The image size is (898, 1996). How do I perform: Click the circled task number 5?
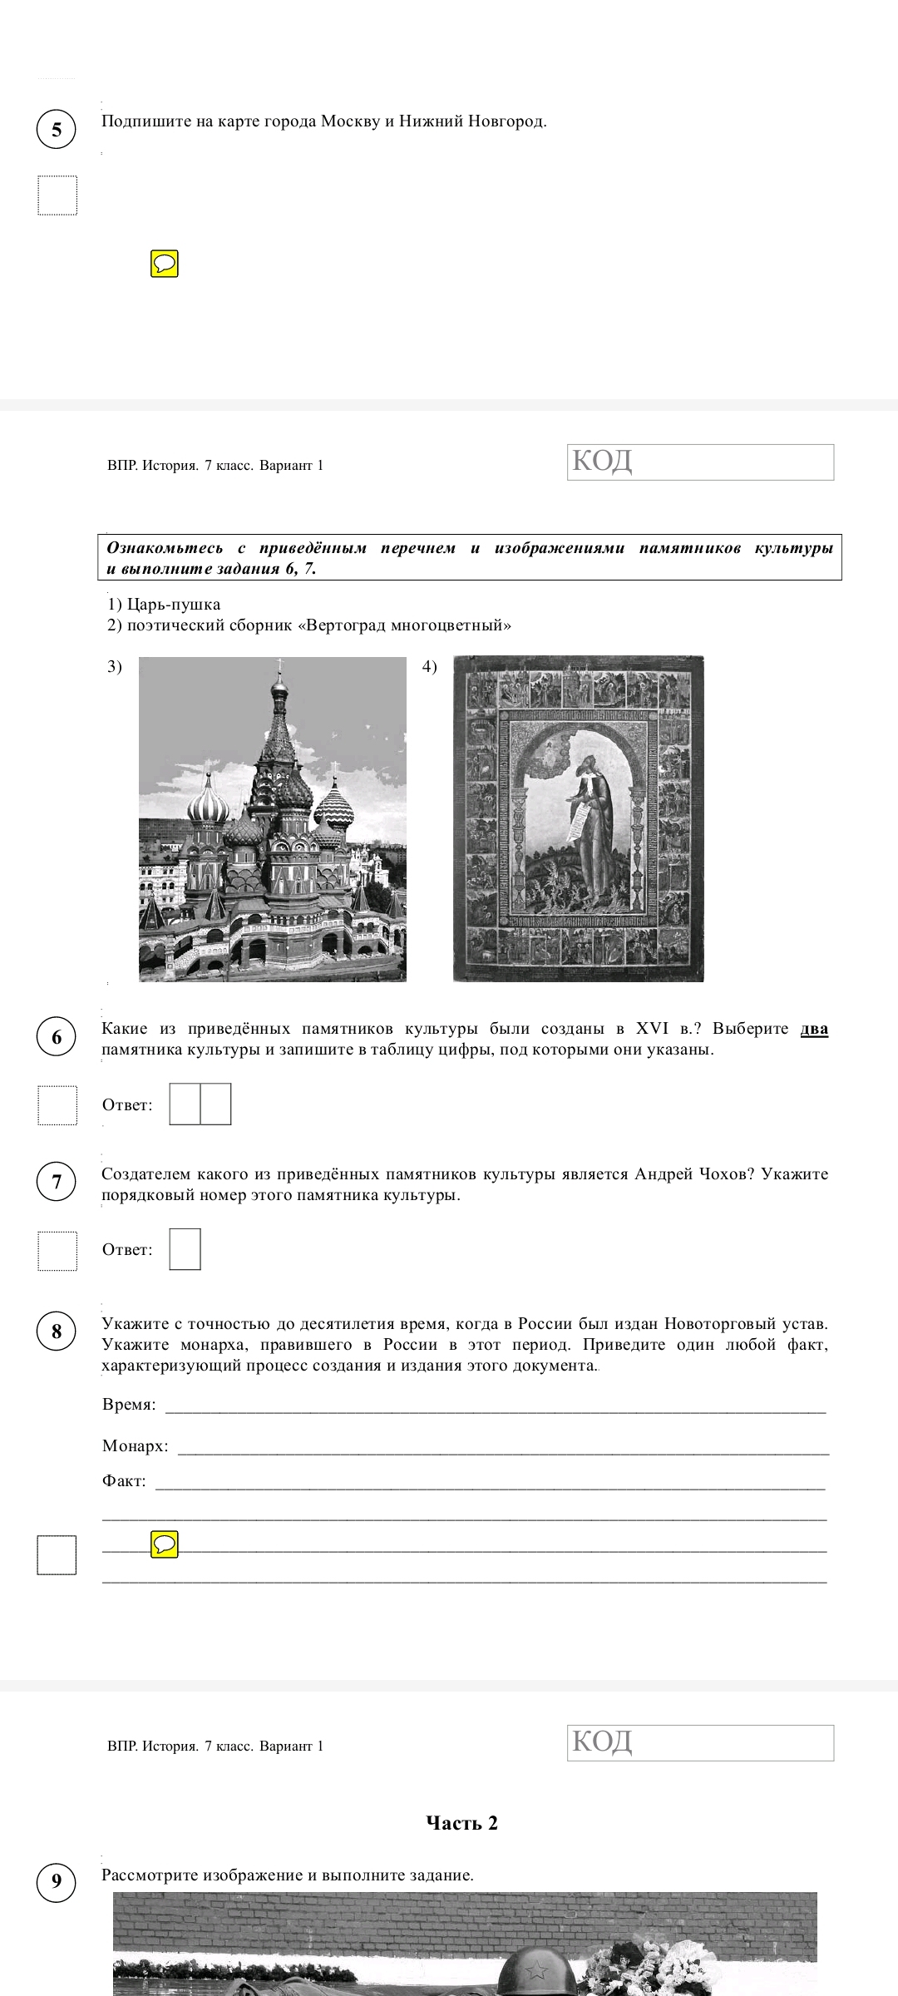pyautogui.click(x=57, y=129)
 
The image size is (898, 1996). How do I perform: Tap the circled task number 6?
pyautogui.click(x=57, y=1036)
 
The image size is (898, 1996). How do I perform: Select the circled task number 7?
pyautogui.click(x=57, y=1182)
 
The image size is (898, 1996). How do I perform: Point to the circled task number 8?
pyautogui.click(x=57, y=1331)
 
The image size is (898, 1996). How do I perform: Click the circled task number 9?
pyautogui.click(x=57, y=1880)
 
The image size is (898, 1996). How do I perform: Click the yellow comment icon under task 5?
pyautogui.click(x=165, y=264)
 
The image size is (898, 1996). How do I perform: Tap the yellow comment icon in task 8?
pyautogui.click(x=165, y=1544)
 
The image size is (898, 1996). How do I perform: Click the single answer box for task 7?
pyautogui.click(x=185, y=1249)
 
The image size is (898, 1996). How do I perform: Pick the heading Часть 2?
pyautogui.click(x=461, y=1823)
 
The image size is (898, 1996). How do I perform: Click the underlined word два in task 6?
pyautogui.click(x=814, y=1029)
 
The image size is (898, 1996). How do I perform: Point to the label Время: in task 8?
pyautogui.click(x=129, y=1405)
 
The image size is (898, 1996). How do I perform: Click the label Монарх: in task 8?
pyautogui.click(x=135, y=1446)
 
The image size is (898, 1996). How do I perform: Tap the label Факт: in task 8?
pyautogui.click(x=124, y=1481)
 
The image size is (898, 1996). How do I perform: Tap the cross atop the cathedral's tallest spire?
pyautogui.click(x=279, y=665)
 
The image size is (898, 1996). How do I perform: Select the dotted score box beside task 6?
pyautogui.click(x=57, y=1105)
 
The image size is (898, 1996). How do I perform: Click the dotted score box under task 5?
pyautogui.click(x=57, y=195)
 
